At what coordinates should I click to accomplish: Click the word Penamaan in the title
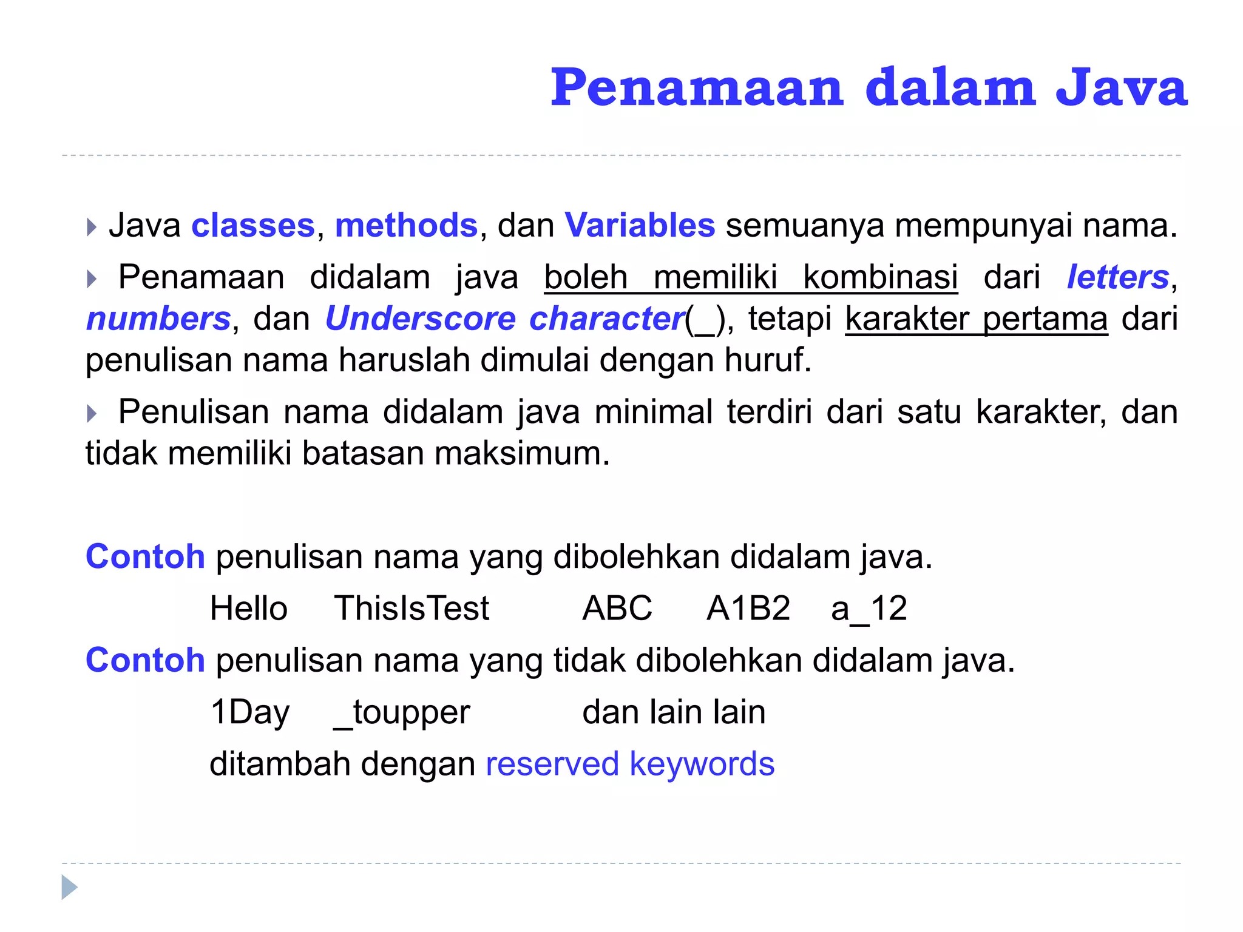pos(697,88)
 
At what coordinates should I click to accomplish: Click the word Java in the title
pos(1122,88)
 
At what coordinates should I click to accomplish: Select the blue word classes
pos(253,226)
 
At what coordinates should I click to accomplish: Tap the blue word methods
pos(406,226)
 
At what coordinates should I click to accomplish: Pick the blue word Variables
pos(640,226)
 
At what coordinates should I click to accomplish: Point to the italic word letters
pos(1118,277)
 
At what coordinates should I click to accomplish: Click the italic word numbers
pos(158,319)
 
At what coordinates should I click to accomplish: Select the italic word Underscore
pos(420,319)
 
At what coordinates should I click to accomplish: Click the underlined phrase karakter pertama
pos(976,319)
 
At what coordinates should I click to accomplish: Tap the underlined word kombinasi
pos(880,277)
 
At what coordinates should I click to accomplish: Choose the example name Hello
pos(248,609)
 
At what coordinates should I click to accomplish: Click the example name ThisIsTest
pos(412,609)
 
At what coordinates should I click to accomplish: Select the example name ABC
pos(617,609)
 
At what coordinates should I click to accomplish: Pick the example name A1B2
pos(748,609)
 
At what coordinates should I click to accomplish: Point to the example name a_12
pos(869,609)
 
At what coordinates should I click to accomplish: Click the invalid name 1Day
pos(249,712)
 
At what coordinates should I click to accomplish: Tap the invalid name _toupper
pos(402,712)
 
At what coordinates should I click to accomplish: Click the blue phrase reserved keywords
pos(630,764)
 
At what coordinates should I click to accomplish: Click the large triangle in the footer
pos(69,888)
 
